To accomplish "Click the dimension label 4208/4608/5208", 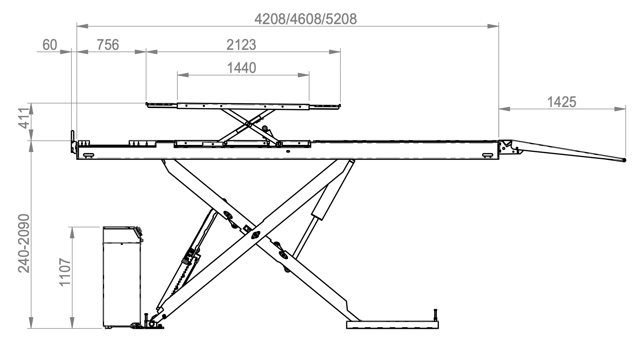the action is (x=305, y=19).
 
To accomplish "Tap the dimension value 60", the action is (x=50, y=44).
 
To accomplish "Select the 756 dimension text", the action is (x=108, y=44).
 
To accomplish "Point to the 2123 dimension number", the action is (x=241, y=44).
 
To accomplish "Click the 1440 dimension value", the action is (x=242, y=68).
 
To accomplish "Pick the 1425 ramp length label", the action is (x=562, y=102).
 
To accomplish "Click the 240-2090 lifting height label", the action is (x=24, y=243).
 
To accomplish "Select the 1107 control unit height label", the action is (x=65, y=272).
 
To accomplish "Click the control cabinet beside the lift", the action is (x=122, y=277).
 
